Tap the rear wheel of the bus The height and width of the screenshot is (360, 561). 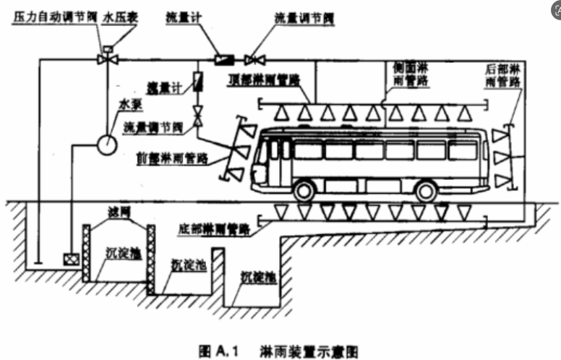(427, 191)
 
